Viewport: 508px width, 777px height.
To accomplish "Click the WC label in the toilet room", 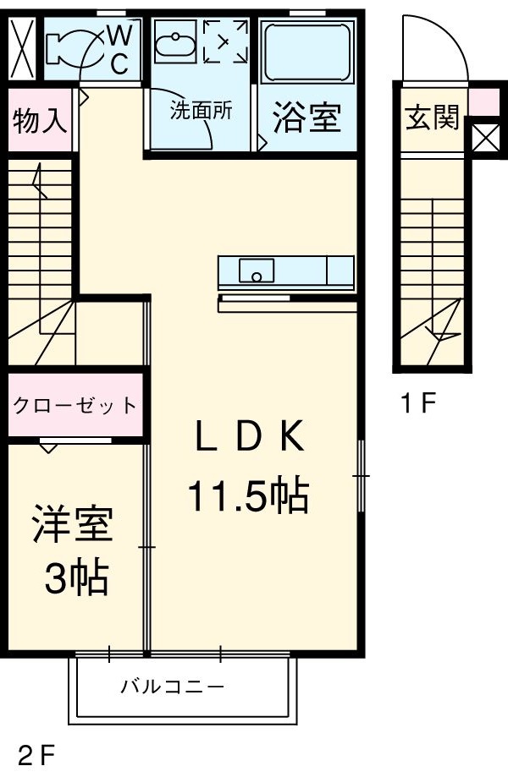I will (119, 49).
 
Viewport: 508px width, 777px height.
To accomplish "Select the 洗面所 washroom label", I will (200, 112).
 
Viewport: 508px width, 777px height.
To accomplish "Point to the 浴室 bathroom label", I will (306, 119).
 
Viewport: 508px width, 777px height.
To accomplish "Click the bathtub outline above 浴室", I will (304, 52).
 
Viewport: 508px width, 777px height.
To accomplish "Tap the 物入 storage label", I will (39, 119).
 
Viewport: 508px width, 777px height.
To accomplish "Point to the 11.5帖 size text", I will (246, 496).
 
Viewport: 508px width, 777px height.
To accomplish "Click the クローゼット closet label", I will (74, 405).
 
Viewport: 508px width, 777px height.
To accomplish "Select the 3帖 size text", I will (75, 579).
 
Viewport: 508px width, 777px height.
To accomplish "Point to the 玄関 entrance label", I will (431, 119).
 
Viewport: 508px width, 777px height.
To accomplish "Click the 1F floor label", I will (417, 404).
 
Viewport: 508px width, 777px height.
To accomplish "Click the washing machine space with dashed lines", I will (225, 43).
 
